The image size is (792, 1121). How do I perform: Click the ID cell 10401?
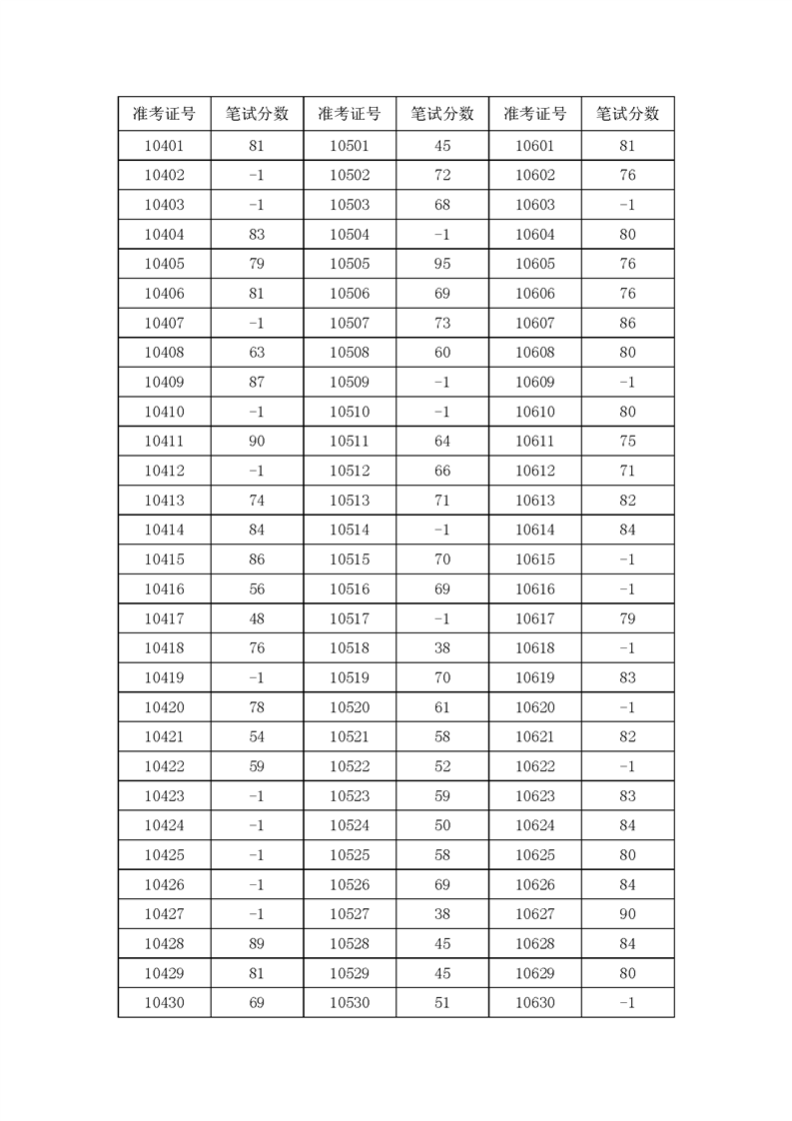[164, 146]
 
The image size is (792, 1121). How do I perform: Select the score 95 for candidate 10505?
[442, 264]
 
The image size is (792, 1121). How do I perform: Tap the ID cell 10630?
[534, 1003]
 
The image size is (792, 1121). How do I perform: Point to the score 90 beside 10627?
[627, 914]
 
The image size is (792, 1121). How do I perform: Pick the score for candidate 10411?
[257, 442]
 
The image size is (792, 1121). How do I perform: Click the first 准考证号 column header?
[164, 114]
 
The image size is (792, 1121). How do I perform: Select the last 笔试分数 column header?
[627, 114]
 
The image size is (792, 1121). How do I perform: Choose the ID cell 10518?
[350, 648]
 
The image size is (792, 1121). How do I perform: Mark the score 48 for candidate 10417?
[257, 618]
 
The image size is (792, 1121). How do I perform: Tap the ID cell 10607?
[534, 324]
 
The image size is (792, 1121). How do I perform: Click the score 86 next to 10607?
[627, 324]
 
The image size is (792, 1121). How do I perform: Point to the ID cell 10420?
[164, 707]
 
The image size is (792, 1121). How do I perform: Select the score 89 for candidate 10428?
[257, 944]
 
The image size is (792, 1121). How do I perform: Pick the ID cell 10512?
[350, 471]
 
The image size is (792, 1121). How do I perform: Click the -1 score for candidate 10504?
[442, 235]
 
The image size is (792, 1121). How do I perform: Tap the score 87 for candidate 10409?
[257, 383]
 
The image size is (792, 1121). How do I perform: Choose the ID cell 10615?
[534, 560]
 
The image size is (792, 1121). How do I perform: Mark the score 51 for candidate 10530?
[442, 1003]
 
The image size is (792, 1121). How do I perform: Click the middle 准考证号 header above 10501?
[350, 114]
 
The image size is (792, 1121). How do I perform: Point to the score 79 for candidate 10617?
[627, 618]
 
